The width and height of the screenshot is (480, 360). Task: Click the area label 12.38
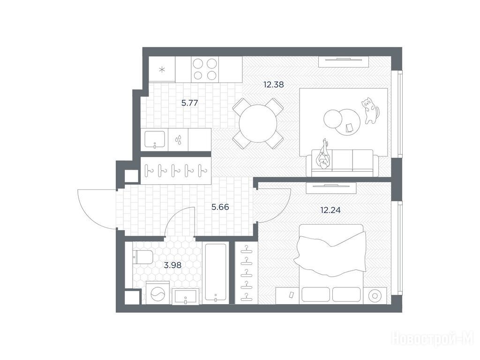point(274,84)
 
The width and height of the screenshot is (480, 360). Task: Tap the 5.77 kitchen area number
point(189,103)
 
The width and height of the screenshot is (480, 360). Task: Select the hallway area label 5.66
point(220,207)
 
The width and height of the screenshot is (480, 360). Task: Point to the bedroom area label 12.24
point(330,210)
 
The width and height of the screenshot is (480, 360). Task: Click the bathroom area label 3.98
point(172,265)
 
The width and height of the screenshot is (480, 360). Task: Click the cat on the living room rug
point(371,110)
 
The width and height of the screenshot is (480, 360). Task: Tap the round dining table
point(258,124)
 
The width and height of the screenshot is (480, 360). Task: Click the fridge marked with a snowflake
point(162,69)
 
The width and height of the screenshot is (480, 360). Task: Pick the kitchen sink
point(155,140)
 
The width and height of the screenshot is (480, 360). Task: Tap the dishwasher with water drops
point(178,140)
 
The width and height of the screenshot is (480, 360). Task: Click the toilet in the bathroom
point(143,257)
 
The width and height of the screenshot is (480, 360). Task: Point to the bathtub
point(216,272)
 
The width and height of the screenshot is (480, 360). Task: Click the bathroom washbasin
point(186,296)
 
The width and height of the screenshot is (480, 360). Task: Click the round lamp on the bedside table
point(375,296)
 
